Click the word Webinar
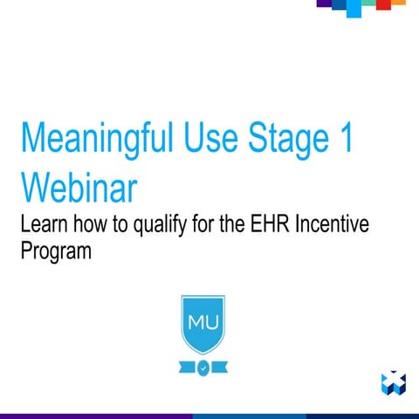point(81,187)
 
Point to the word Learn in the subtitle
point(44,225)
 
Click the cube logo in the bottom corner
point(394,381)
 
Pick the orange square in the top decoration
point(398,3)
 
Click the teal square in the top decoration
point(368,3)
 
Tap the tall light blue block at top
point(353,8)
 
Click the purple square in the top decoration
point(324,3)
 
